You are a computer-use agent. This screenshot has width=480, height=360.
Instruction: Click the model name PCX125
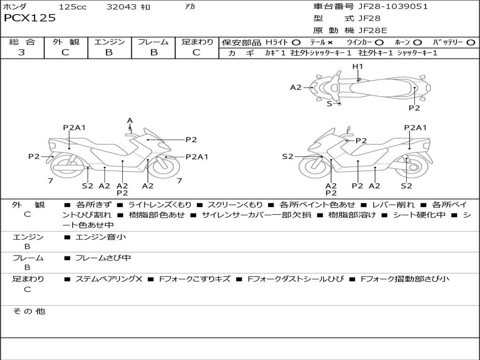[30, 18]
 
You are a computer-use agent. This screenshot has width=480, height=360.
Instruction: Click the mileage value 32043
[121, 7]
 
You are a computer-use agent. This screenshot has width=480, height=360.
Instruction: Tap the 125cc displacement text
[72, 7]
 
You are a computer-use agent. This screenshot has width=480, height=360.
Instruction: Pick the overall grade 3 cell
[22, 52]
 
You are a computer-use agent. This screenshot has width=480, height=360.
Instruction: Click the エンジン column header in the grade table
[109, 42]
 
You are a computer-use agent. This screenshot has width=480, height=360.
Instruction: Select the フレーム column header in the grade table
[153, 42]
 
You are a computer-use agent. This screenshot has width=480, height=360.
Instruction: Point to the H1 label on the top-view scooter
[358, 67]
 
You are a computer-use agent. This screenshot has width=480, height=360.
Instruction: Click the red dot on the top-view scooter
[359, 80]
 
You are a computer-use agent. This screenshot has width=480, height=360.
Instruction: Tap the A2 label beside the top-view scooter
[296, 87]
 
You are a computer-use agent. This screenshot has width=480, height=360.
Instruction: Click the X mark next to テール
[330, 43]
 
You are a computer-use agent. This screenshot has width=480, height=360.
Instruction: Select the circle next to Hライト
[296, 43]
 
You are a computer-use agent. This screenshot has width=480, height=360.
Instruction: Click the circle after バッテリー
[471, 43]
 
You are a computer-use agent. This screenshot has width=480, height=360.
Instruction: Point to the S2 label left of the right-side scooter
[287, 157]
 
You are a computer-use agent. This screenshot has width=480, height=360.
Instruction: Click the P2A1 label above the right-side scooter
[415, 127]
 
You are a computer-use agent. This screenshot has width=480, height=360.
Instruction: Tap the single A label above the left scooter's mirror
[130, 120]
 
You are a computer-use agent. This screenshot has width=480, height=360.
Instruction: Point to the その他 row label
[29, 311]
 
